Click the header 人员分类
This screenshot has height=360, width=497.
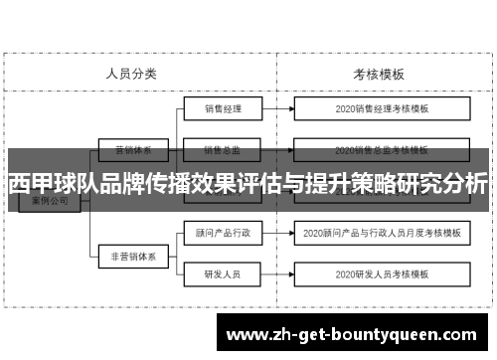131,74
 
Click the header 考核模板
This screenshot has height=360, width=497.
378,74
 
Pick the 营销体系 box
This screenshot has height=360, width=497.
132,151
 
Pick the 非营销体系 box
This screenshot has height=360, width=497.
132,255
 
